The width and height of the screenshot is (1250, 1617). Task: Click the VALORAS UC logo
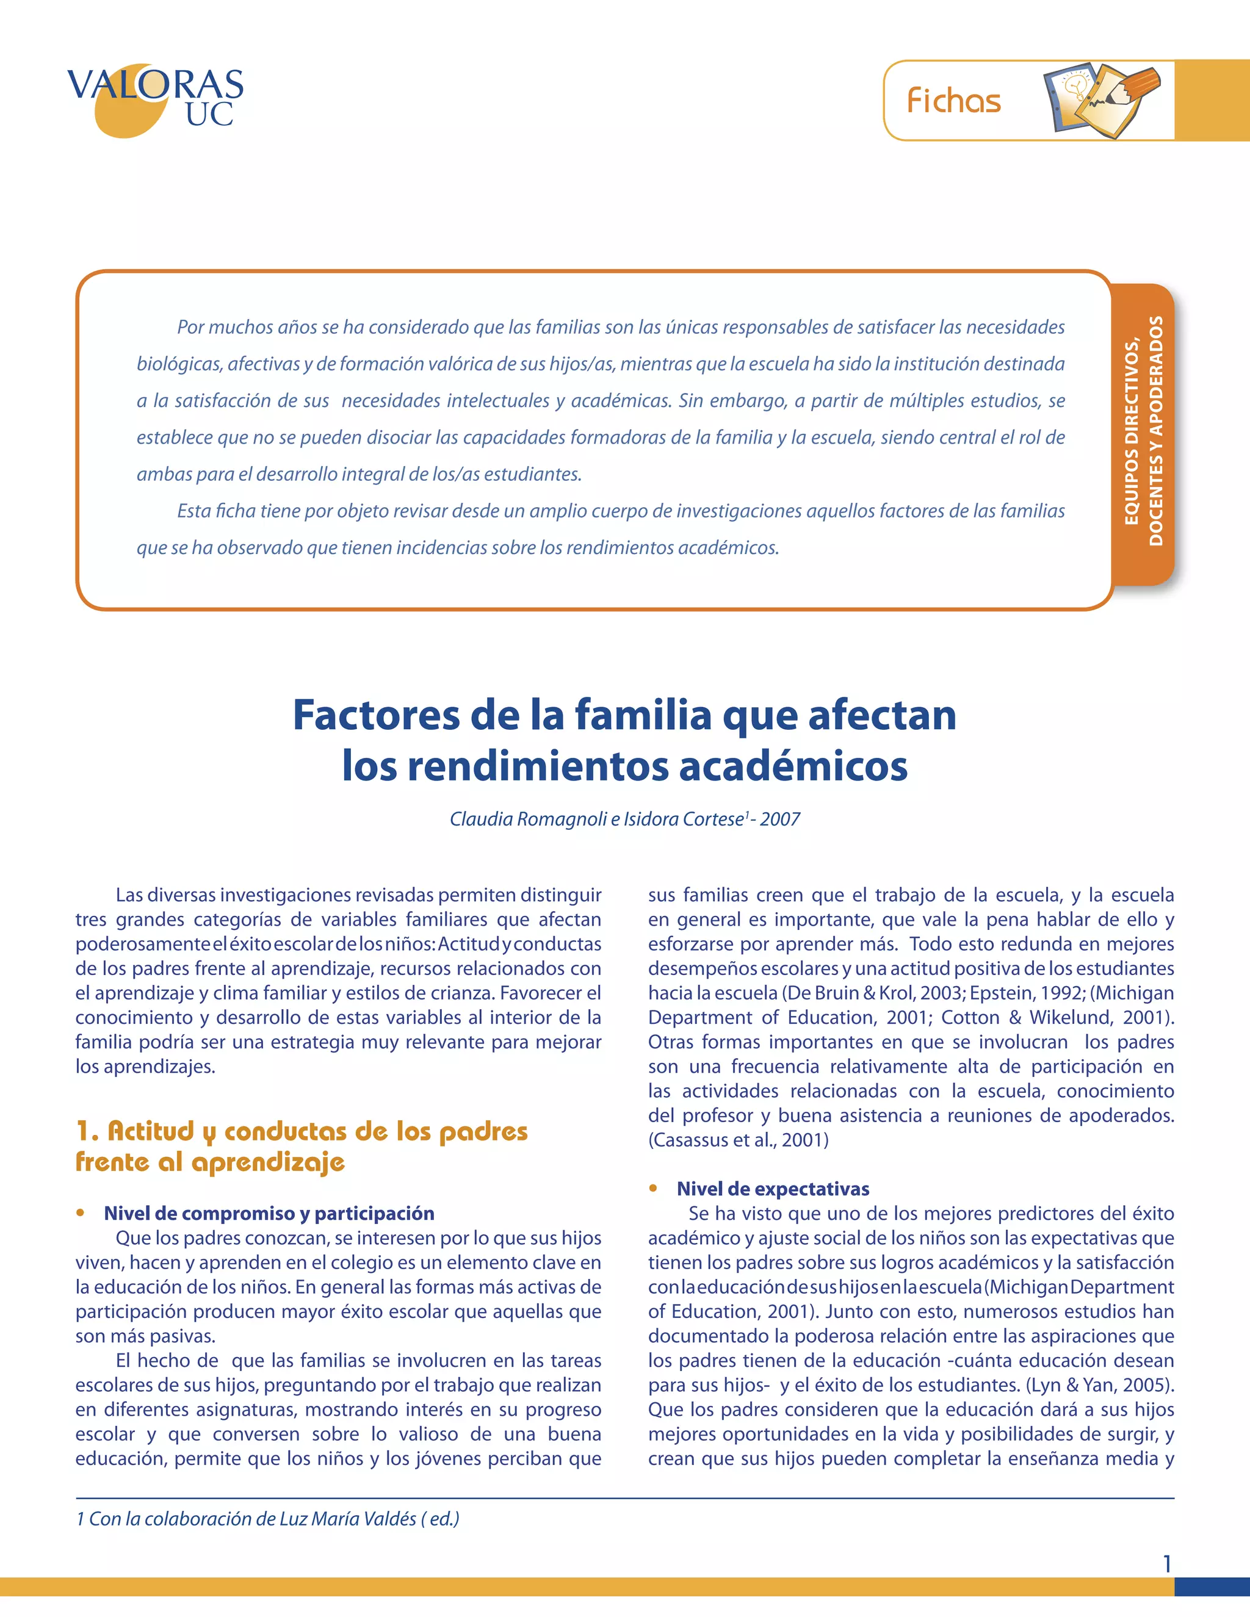(155, 99)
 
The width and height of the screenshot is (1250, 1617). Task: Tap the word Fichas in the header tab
(954, 101)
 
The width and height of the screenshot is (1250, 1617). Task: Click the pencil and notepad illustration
(1102, 100)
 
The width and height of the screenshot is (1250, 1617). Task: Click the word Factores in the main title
(375, 715)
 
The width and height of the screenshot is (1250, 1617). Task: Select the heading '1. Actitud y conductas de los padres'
(302, 1131)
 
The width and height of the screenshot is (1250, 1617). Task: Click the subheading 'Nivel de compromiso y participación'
(269, 1213)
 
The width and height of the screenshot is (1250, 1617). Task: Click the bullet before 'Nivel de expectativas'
(653, 1187)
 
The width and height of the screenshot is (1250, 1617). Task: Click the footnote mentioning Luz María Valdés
(267, 1519)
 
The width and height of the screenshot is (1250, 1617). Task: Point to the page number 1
(1167, 1564)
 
